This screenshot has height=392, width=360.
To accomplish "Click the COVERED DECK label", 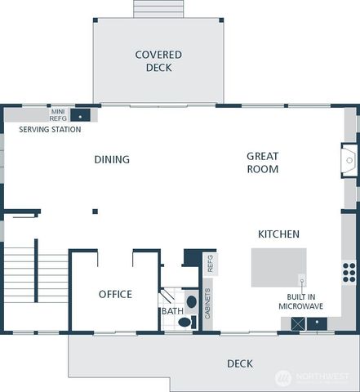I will click(x=158, y=61).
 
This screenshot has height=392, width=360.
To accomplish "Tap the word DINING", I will click(x=112, y=160).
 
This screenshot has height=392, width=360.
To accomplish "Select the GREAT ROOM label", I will click(x=263, y=163).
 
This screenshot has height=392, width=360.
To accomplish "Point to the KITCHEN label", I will click(x=278, y=234).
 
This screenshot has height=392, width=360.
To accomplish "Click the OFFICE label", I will click(x=115, y=295).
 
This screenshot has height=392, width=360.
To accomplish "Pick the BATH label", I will click(x=172, y=311).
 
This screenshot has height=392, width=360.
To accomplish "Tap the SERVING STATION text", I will click(x=51, y=130).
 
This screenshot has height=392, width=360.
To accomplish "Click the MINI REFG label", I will click(x=58, y=114).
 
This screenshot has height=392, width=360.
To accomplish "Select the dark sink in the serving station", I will click(x=82, y=115).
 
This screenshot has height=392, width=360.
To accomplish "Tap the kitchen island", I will click(x=278, y=268).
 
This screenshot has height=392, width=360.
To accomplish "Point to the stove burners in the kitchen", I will click(x=349, y=271).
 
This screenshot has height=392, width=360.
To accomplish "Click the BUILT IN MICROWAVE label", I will click(x=301, y=301).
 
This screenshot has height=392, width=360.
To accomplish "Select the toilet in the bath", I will click(x=184, y=322).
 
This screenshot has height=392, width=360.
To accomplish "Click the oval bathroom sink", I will click(x=191, y=301).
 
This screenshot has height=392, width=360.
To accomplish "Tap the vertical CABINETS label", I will click(x=207, y=304).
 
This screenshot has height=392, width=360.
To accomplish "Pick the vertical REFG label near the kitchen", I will click(x=210, y=263).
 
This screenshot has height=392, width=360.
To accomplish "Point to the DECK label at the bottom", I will click(x=240, y=363).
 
